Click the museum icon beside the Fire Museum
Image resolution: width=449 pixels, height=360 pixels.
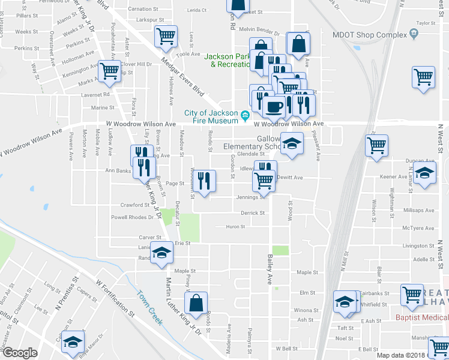[x=245, y=115]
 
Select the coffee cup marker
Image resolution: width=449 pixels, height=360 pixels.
[x=274, y=107]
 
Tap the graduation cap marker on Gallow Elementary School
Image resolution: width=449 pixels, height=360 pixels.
[x=292, y=143]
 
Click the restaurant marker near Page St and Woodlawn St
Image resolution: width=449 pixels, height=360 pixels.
[x=204, y=181]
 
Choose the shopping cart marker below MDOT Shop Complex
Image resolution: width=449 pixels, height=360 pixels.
[x=424, y=77]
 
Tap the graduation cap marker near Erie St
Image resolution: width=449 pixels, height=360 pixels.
[x=161, y=254]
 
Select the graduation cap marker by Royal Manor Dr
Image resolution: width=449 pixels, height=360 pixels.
[x=73, y=342]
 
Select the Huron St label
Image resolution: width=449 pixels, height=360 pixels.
[x=235, y=226]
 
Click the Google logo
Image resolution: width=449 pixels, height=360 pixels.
[x=20, y=353]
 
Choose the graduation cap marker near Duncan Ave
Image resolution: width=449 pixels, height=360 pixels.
[x=424, y=175]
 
